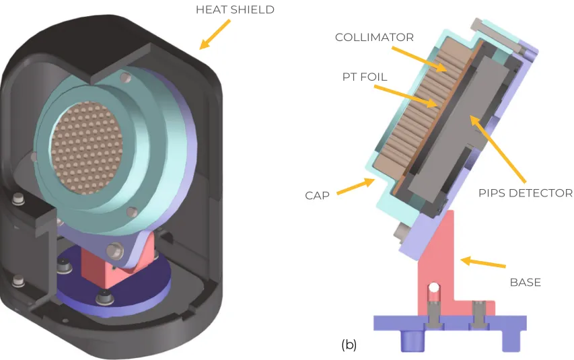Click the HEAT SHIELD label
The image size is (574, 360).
[x=235, y=9]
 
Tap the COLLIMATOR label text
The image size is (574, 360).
[x=374, y=37]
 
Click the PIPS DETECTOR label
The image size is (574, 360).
[x=526, y=193]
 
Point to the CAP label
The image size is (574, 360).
[x=318, y=195]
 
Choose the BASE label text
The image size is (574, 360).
[x=525, y=282]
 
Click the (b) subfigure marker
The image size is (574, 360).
[x=349, y=345]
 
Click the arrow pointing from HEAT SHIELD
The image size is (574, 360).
[x=215, y=34]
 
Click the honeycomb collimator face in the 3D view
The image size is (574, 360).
[x=88, y=145]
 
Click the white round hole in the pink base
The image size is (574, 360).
[x=435, y=288]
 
